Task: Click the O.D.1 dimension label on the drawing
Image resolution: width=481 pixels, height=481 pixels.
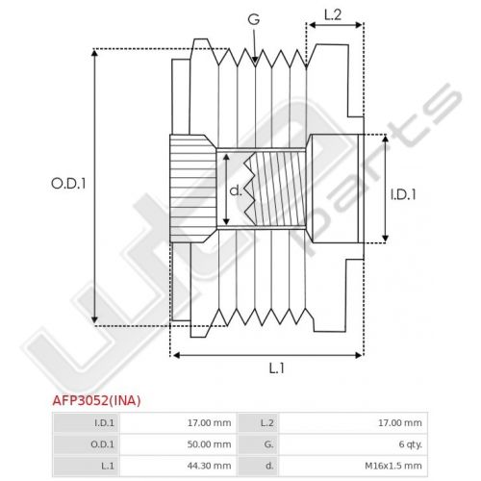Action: click(68, 184)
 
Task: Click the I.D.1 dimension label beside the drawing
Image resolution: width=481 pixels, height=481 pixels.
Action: click(403, 194)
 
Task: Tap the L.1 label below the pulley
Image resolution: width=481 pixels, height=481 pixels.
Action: click(276, 368)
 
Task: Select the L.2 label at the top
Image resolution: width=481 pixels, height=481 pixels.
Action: click(333, 15)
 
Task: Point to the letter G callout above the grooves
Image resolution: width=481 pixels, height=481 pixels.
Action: click(254, 19)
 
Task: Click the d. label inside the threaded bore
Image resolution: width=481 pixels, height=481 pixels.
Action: click(236, 190)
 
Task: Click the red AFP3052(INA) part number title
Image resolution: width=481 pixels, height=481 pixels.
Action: click(96, 400)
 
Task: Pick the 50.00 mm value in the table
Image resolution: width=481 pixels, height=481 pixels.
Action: click(209, 444)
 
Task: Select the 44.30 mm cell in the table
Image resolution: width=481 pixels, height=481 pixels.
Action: click(209, 466)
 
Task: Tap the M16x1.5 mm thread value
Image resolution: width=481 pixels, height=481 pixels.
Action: click(393, 466)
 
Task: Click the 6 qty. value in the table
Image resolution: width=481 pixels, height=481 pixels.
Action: click(411, 444)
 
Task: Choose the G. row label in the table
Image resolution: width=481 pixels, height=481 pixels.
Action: click(268, 444)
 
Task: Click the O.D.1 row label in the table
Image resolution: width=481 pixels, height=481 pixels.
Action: click(102, 444)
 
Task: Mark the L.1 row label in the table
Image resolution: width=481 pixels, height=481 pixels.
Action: click(108, 466)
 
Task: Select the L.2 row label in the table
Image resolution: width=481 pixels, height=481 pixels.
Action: click(266, 423)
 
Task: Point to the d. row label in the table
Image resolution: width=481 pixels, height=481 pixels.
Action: click(269, 466)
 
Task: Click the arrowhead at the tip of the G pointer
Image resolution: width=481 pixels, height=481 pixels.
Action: click(255, 60)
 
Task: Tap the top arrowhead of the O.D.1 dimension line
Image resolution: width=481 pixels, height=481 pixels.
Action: click(94, 53)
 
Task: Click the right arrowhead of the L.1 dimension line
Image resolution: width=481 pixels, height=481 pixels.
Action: click(359, 355)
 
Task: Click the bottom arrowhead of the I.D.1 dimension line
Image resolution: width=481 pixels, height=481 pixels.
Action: click(386, 239)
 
